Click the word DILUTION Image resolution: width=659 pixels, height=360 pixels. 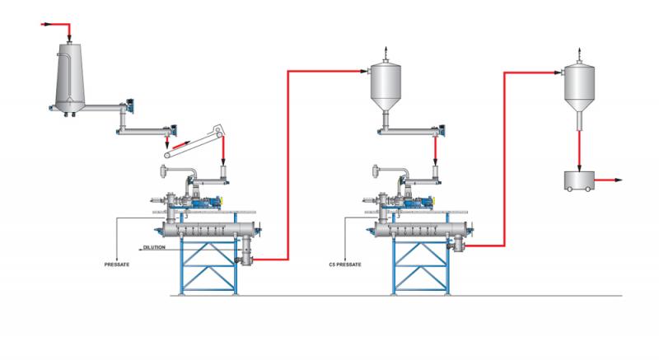pyautogui.click(x=154, y=247)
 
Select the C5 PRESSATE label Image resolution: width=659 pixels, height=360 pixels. pyautogui.click(x=345, y=264)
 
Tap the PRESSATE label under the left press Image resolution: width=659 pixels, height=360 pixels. pyautogui.click(x=117, y=264)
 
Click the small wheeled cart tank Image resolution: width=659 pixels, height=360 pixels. pyautogui.click(x=579, y=181)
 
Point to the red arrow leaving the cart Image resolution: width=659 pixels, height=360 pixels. pyautogui.click(x=608, y=180)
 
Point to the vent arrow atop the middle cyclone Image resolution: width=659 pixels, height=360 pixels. pyautogui.click(x=385, y=54)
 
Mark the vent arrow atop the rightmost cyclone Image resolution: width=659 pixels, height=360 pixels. pyautogui.click(x=580, y=54)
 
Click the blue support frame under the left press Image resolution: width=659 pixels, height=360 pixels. pyautogui.click(x=209, y=264)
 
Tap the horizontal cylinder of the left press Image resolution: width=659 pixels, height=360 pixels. pyautogui.click(x=208, y=229)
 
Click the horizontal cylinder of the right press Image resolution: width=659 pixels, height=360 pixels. pyautogui.click(x=420, y=229)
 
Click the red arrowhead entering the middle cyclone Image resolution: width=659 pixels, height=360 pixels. pyautogui.click(x=364, y=71)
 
